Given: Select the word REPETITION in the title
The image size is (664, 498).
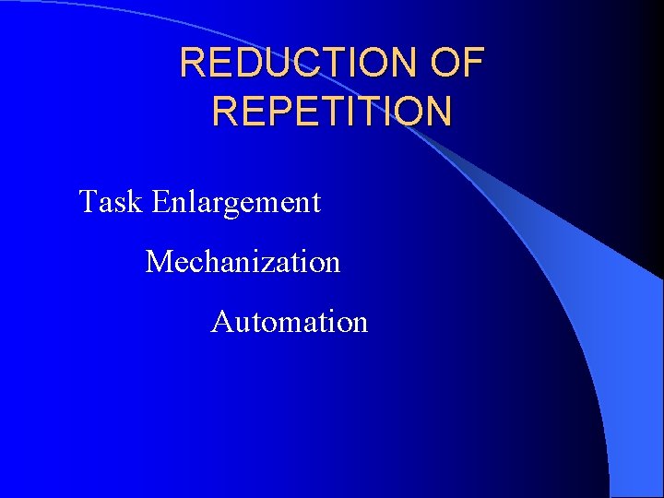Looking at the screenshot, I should pyautogui.click(x=332, y=111).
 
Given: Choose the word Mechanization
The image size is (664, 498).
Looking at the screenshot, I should pyautogui.click(x=243, y=262).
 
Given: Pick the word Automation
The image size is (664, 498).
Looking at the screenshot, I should pyautogui.click(x=290, y=322).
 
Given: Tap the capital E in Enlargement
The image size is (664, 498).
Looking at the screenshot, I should pyautogui.click(x=161, y=201).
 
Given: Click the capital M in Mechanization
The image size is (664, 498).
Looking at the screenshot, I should pyautogui.click(x=160, y=262).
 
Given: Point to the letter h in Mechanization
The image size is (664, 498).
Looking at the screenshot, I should pyautogui.click(x=210, y=262).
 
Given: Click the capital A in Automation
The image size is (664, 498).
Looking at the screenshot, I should pyautogui.click(x=222, y=322).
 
